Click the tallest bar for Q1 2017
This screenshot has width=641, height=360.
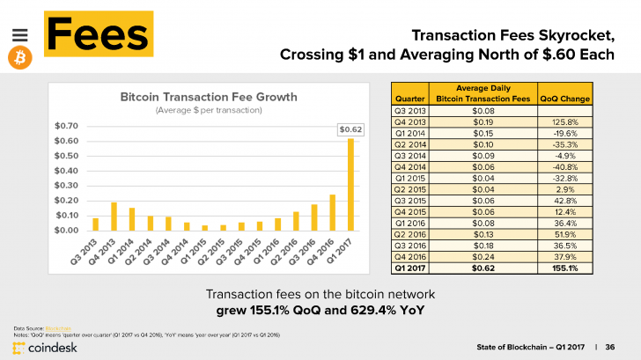tap(350, 184)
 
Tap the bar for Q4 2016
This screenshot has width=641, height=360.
tap(332, 212)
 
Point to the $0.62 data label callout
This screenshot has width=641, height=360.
tap(350, 129)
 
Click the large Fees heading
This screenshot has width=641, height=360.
tap(97, 33)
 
